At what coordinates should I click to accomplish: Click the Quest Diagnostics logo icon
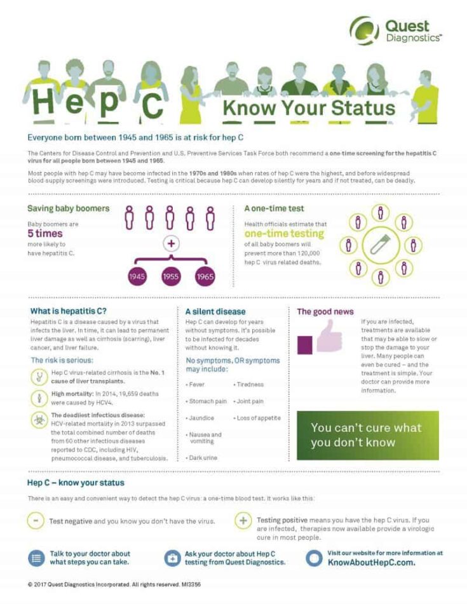pyautogui.click(x=365, y=30)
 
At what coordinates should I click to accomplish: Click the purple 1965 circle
pyautogui.click(x=205, y=277)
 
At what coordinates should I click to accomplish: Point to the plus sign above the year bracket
pyautogui.click(x=171, y=243)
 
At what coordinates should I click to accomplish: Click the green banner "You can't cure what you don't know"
pyautogui.click(x=367, y=435)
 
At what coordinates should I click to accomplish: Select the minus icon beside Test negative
pyautogui.click(x=36, y=521)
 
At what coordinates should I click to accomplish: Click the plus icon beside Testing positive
pyautogui.click(x=243, y=521)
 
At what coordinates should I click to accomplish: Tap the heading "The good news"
pyautogui.click(x=325, y=312)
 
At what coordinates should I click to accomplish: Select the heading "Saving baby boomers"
pyautogui.click(x=68, y=208)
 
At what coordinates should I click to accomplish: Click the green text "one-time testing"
pyautogui.click(x=284, y=234)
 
